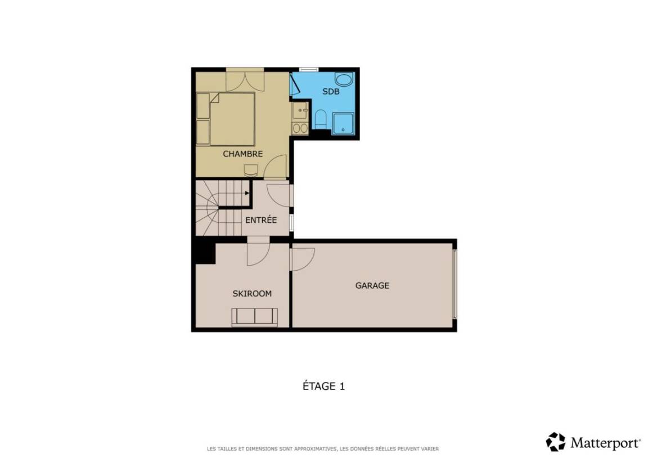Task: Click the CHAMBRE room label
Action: click(242, 154)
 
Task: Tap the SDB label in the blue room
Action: click(331, 91)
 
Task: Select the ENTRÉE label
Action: click(261, 220)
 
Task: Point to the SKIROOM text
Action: click(251, 294)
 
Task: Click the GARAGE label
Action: click(372, 285)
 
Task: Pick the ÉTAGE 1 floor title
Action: click(323, 386)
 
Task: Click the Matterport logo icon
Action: click(555, 442)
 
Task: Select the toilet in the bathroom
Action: click(320, 119)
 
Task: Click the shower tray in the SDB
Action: click(343, 123)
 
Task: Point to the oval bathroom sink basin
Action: click(344, 79)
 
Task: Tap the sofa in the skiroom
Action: click(255, 317)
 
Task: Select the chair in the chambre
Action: click(251, 170)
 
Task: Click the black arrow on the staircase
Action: click(247, 193)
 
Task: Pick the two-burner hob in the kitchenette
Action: click(300, 128)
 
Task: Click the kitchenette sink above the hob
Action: click(300, 111)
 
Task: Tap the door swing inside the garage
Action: click(303, 259)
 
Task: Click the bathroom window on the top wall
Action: click(309, 69)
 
